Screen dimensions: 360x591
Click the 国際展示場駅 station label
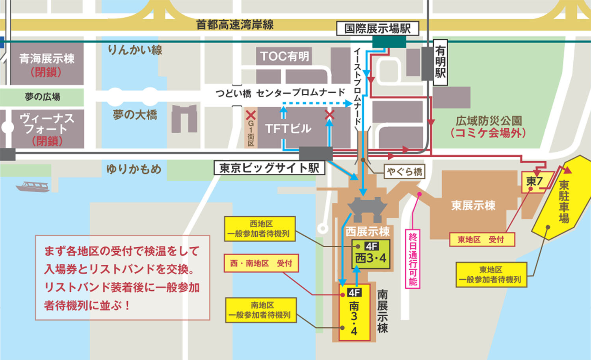point(377,28)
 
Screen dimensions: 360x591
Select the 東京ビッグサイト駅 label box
point(269,168)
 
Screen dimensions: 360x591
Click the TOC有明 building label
point(284,56)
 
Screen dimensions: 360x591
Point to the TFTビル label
point(288,128)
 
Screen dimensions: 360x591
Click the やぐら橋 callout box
point(404,171)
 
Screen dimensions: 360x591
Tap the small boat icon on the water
point(33,186)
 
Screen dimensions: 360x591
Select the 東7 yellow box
point(535,182)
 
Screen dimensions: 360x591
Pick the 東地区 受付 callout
point(482,239)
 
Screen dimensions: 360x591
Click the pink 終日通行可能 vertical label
point(413,259)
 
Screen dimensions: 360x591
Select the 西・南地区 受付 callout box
point(261,263)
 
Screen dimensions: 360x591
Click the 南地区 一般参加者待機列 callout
point(260,310)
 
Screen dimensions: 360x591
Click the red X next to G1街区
point(251,115)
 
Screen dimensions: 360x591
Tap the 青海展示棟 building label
point(47,59)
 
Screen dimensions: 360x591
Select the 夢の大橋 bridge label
point(135,115)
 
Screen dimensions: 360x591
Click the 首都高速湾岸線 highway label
point(235,24)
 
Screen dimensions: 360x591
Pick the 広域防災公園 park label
point(489,121)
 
